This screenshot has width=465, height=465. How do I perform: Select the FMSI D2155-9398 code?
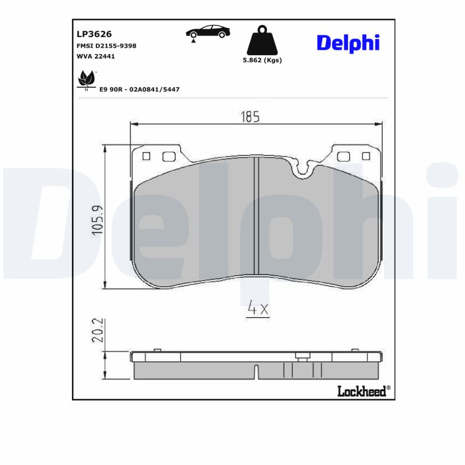click(x=106, y=45)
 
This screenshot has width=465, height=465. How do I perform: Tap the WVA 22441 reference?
click(x=96, y=56)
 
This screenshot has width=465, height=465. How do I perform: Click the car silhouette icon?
click(x=207, y=33)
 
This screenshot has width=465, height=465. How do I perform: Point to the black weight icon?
click(x=262, y=40)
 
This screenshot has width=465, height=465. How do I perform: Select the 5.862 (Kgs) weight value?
click(x=262, y=60)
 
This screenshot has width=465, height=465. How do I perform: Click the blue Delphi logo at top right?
click(x=348, y=42)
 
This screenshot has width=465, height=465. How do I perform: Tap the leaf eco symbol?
click(x=87, y=79)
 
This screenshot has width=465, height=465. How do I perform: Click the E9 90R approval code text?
click(x=139, y=89)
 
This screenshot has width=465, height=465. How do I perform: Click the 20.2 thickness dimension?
click(x=98, y=330)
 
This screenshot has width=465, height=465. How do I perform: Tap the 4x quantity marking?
click(x=258, y=309)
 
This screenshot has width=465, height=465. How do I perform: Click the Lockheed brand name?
click(x=362, y=391)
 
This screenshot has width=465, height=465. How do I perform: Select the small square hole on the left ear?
click(x=146, y=156)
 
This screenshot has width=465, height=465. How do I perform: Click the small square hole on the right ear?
click(x=366, y=156)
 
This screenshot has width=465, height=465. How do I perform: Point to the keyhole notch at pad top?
click(x=303, y=168)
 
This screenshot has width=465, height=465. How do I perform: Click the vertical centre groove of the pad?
click(x=256, y=215)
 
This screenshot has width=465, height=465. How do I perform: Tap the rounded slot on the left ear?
click(x=169, y=156)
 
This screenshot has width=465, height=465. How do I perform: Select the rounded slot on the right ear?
click(x=344, y=156)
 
